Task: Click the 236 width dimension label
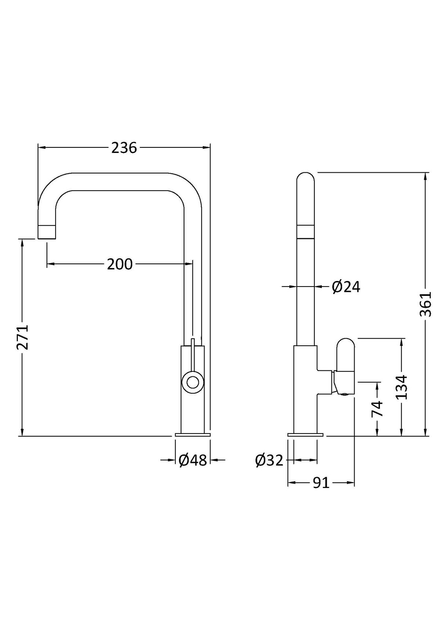[124, 148]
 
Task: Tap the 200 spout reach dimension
[120, 264]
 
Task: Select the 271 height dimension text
[23, 337]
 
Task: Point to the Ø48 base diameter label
[193, 460]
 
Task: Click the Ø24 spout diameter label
[346, 287]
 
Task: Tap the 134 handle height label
[401, 387]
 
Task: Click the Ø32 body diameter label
[269, 460]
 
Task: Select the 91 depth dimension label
[321, 483]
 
